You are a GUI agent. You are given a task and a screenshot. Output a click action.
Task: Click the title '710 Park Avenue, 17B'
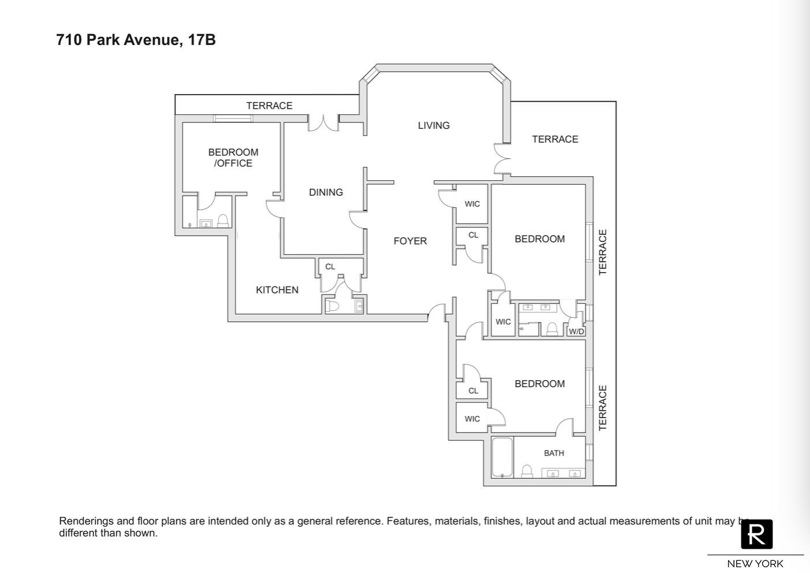[x=136, y=40]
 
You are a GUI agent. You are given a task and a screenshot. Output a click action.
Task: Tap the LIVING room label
[x=434, y=125]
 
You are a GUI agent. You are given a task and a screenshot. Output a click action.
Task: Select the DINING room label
[x=326, y=192]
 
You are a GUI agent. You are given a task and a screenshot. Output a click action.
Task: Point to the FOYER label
[x=410, y=241]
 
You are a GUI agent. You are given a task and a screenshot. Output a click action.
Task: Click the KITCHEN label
[x=277, y=290]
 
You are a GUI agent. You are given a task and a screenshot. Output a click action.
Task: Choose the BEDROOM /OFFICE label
[x=233, y=158]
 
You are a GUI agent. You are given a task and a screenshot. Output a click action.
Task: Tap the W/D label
[x=576, y=332]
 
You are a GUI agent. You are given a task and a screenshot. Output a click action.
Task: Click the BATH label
[x=554, y=453]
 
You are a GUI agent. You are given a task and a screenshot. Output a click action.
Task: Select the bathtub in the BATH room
[x=502, y=457]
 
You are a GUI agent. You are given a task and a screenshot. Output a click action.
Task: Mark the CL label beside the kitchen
[x=330, y=267]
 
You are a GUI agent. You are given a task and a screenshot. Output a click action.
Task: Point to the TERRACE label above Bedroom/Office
[x=269, y=106]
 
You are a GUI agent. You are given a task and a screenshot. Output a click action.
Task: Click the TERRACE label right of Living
[x=555, y=139]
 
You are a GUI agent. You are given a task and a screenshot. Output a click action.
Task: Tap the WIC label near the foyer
[x=472, y=204]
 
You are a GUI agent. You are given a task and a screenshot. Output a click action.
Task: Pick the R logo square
[x=756, y=534]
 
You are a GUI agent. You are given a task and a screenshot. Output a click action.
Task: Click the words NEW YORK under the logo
[x=755, y=564]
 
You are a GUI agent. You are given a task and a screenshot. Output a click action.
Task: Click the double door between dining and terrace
[x=323, y=122]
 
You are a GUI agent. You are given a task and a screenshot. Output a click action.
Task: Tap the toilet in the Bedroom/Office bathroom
[x=223, y=221]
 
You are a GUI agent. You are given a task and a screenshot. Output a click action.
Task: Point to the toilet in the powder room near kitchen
[x=332, y=306]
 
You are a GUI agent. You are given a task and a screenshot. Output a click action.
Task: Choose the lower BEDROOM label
[x=539, y=384]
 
